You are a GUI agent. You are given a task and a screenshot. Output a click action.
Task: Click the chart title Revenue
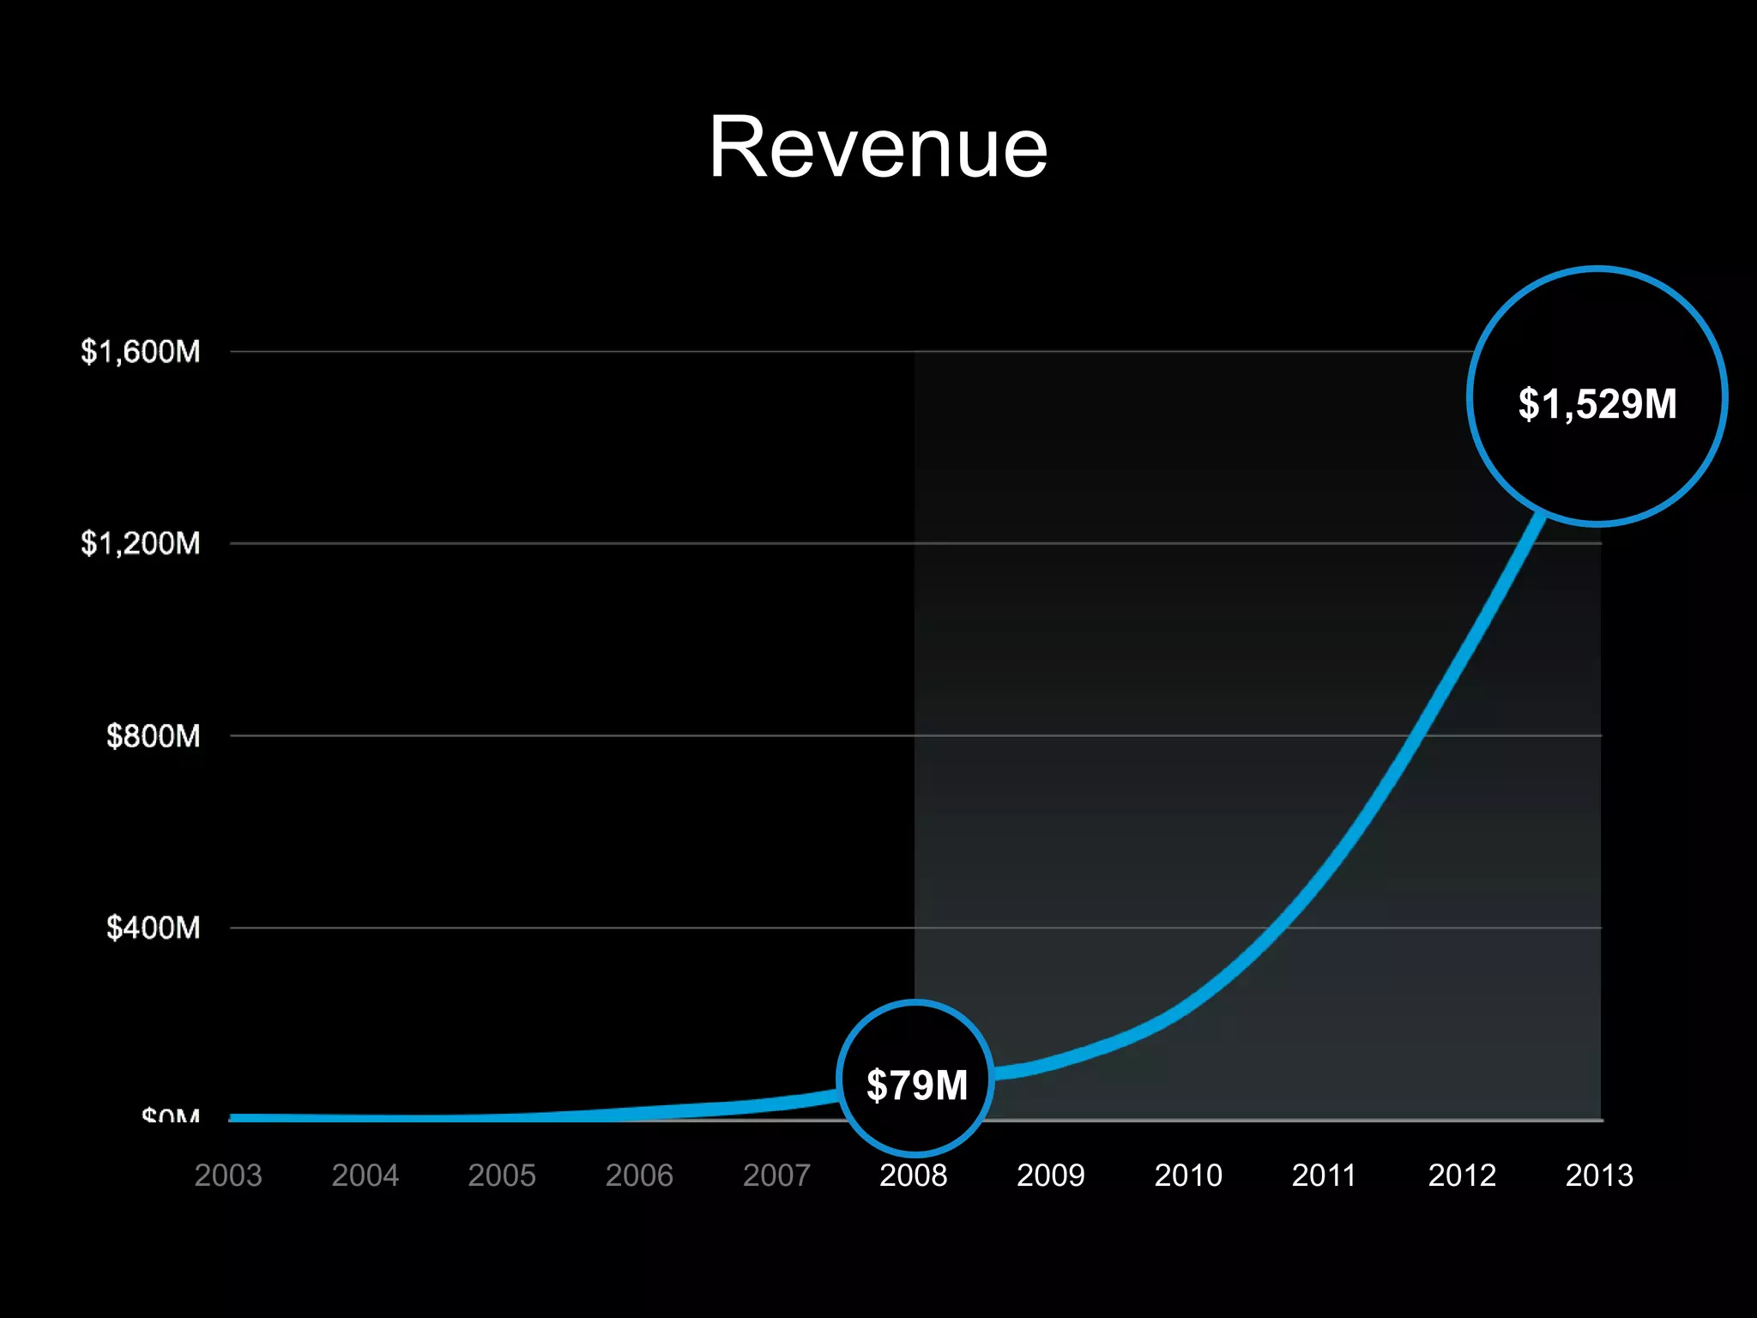point(878,148)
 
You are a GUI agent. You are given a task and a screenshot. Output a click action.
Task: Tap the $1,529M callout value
point(1597,403)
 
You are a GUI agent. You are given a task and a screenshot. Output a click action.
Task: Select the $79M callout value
point(916,1085)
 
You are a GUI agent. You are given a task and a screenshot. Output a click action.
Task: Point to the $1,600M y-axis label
point(141,352)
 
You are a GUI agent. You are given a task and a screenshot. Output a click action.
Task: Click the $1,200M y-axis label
point(141,543)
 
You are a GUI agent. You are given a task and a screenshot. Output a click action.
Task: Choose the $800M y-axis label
point(153,736)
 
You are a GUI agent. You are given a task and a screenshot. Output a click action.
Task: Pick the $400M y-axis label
point(153,928)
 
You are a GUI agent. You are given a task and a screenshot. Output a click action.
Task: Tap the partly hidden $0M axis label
point(171,1115)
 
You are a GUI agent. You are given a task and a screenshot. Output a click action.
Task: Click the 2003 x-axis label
point(228,1175)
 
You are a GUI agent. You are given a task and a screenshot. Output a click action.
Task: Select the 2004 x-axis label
point(365,1175)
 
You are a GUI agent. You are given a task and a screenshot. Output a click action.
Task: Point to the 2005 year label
point(502,1175)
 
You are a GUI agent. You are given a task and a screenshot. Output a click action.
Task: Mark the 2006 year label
point(639,1175)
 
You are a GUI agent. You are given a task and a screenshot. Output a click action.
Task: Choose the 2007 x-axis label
point(776,1175)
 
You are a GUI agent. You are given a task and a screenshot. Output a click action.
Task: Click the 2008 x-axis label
point(913,1175)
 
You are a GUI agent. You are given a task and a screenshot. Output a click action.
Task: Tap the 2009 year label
point(1050,1175)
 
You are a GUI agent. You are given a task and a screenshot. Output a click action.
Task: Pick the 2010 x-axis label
point(1187,1175)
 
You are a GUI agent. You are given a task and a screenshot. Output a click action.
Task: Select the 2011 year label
point(1324,1175)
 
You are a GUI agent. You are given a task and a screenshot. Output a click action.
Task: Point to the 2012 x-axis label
point(1462,1175)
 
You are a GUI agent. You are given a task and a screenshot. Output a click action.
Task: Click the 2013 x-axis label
point(1599,1175)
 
